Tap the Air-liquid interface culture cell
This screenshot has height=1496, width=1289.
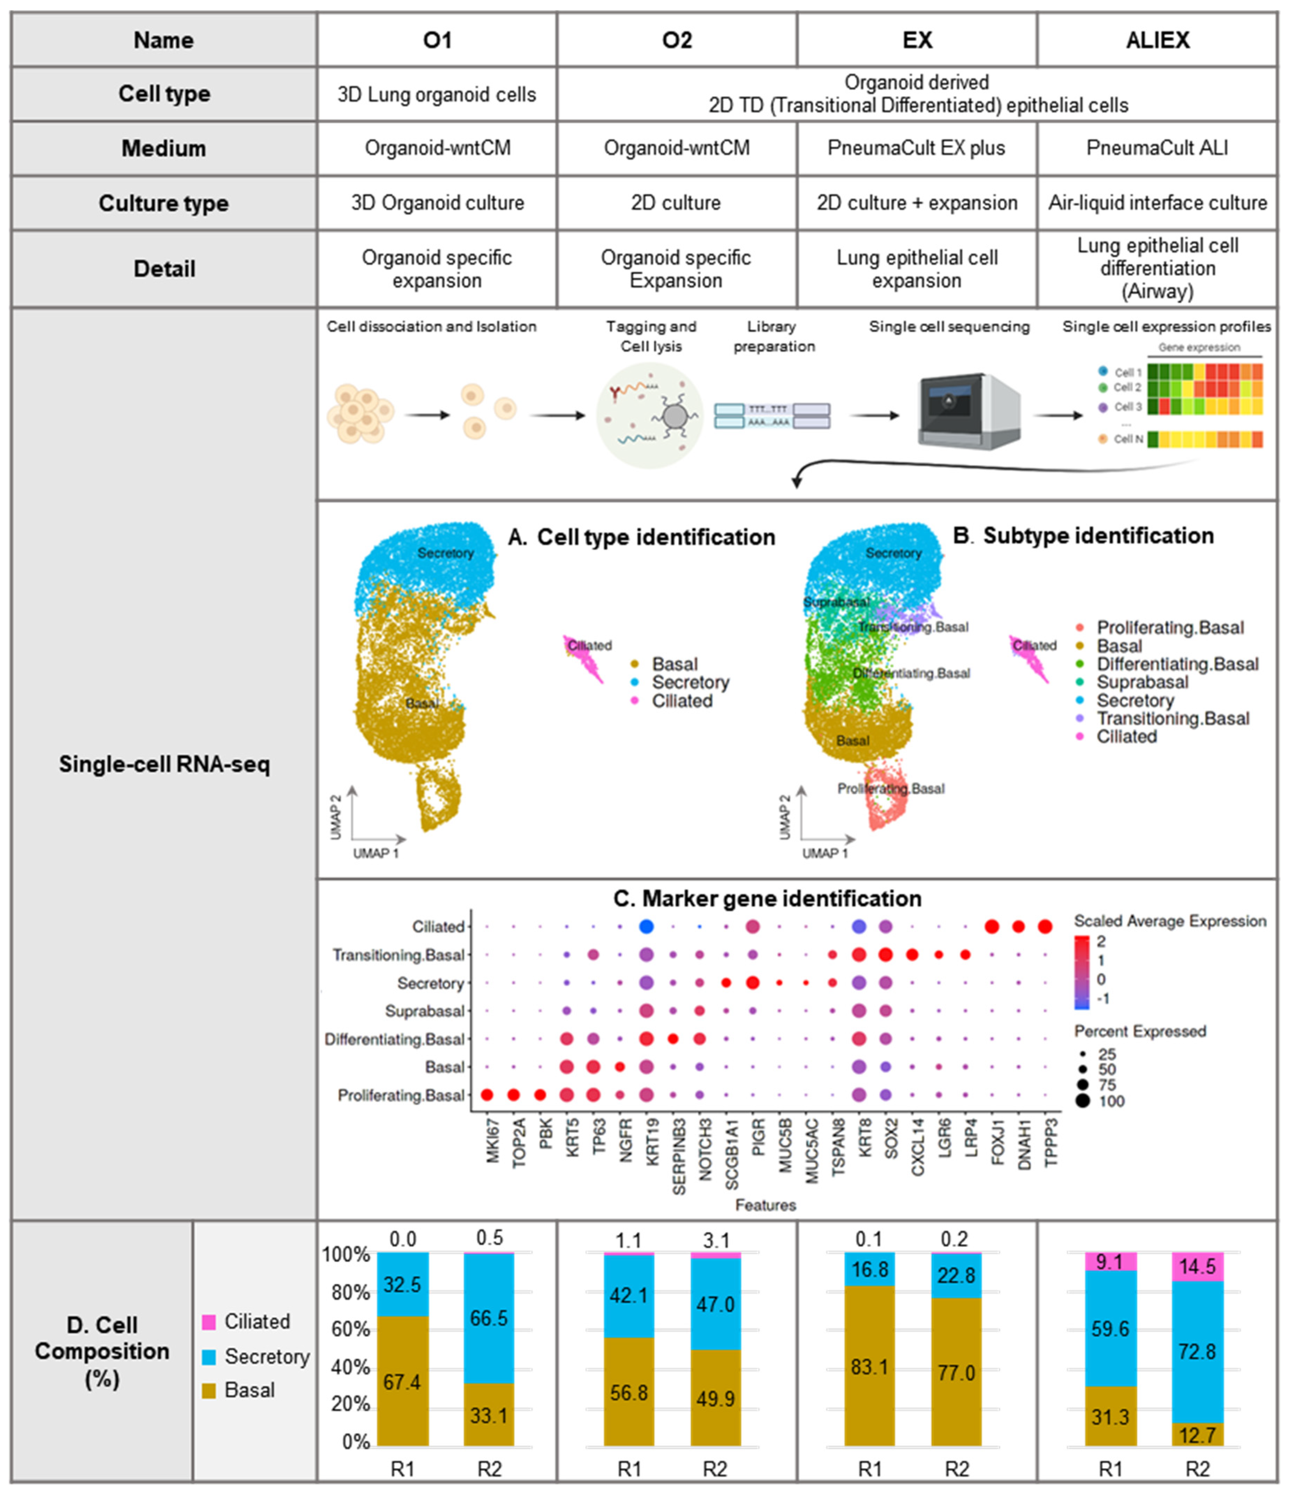tap(1157, 203)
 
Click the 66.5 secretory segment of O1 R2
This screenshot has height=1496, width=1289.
tap(489, 1318)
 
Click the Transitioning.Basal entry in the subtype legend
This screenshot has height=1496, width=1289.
tap(1173, 718)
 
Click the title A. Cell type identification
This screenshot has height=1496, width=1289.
tap(642, 537)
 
